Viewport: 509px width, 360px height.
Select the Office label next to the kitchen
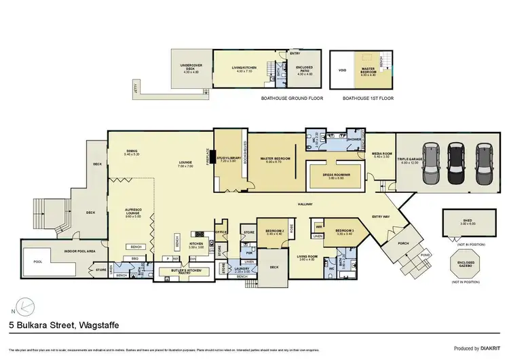[x=221, y=233]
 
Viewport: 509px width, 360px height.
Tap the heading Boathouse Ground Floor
[x=292, y=98]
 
